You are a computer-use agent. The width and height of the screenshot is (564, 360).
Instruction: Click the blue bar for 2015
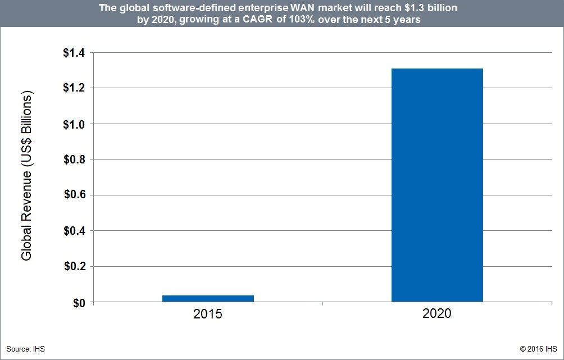(208, 298)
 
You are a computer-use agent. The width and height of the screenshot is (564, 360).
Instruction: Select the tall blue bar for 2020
(437, 185)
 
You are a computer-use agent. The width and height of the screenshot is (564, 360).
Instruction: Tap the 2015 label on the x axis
(208, 313)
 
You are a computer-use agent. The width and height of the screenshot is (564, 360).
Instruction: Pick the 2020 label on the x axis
(436, 313)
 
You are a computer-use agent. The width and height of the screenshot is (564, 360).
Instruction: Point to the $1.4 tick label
(73, 53)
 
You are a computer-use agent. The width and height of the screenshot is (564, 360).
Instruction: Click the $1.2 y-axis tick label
(73, 88)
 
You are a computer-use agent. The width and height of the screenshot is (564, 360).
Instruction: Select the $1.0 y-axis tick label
(73, 124)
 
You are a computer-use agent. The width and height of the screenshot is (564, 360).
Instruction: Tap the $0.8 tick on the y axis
(73, 160)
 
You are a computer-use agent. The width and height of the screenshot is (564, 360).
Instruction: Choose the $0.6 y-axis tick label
(73, 195)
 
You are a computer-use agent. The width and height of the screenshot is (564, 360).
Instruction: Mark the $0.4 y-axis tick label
(73, 231)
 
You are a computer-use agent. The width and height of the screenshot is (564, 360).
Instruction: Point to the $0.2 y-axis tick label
(73, 267)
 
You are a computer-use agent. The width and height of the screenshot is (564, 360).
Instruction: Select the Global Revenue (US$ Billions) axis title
(27, 177)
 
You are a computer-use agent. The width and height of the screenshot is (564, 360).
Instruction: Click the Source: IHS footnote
(25, 349)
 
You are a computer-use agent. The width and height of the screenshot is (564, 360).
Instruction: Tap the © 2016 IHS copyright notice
(538, 349)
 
